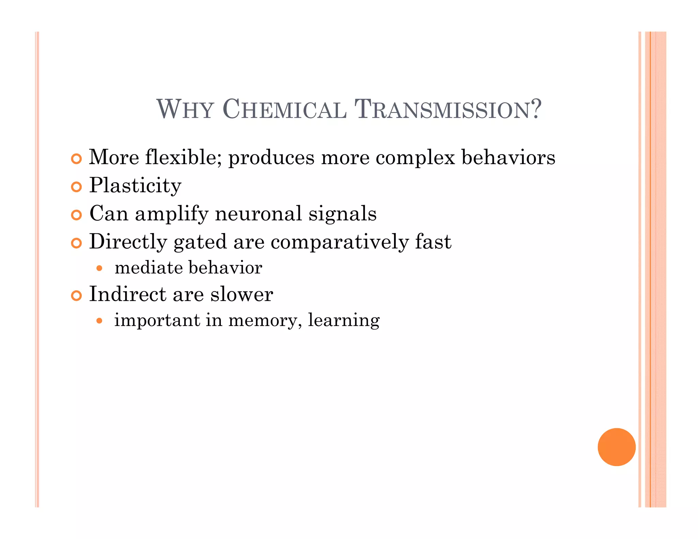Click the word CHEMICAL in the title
point(285,109)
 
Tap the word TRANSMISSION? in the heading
point(448,109)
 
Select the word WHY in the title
point(185,109)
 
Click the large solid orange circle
point(617,447)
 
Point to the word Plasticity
point(135,186)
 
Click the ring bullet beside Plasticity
point(77,187)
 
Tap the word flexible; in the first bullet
point(183,157)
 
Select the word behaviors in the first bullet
point(508,157)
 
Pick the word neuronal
point(258,214)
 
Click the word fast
point(433,242)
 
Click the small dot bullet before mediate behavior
point(99,268)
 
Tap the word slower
point(242,294)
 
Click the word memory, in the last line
point(265,321)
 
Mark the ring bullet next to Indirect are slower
point(77,295)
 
